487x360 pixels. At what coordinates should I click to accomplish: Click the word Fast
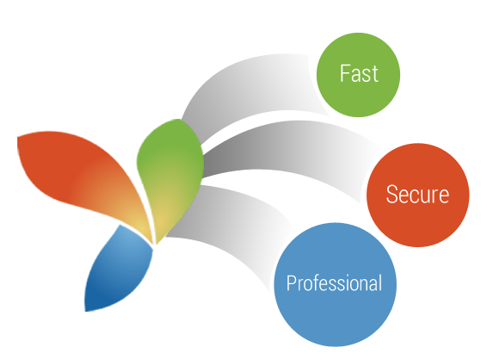point(359,74)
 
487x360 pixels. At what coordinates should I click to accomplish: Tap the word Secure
point(417,195)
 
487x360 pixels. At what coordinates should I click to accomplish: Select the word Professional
point(334,283)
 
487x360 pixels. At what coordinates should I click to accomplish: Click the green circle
point(358,75)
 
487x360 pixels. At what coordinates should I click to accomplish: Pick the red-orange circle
point(418,195)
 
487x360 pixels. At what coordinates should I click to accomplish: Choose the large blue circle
point(335,284)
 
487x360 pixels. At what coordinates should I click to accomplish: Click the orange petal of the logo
point(83,177)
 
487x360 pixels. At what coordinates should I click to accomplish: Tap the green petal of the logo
point(170,174)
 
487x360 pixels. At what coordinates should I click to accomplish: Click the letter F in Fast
point(344,73)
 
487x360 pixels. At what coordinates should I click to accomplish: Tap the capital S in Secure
point(391,195)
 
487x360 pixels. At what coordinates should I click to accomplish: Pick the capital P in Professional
point(292,282)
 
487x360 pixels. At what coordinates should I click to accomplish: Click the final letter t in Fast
point(375,75)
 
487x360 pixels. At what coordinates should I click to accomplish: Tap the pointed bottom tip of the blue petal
point(85,311)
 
